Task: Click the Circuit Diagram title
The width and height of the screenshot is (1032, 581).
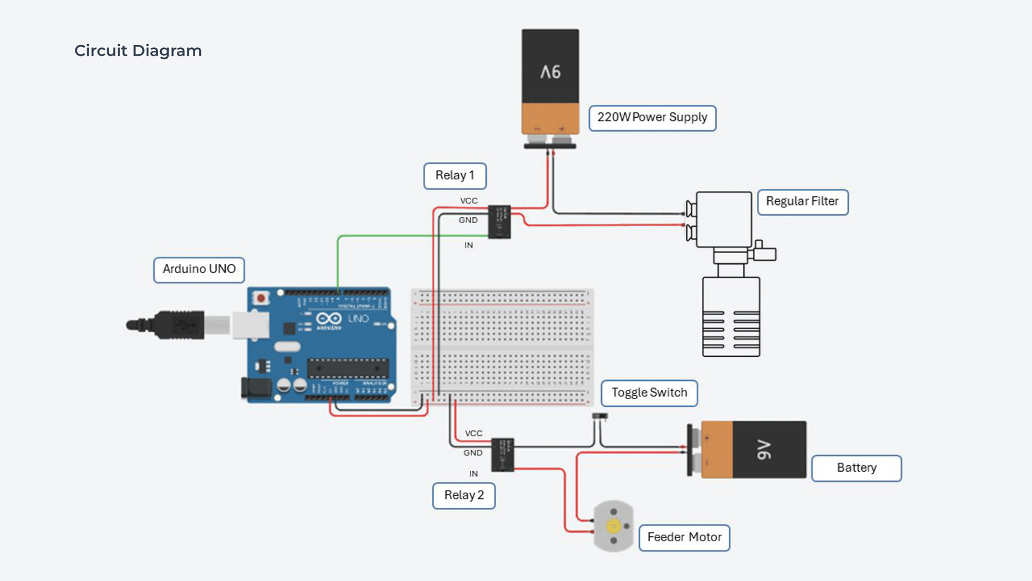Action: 138,51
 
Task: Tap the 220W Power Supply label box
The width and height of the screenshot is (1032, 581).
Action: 652,118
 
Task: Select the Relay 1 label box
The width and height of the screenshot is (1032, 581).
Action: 455,176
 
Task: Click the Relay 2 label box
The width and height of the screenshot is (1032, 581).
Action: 464,495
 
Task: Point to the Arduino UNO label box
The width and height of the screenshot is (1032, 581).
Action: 199,270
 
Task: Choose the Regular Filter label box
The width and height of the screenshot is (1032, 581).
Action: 802,202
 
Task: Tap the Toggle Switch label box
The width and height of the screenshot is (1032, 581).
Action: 649,393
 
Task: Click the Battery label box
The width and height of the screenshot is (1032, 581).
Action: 856,468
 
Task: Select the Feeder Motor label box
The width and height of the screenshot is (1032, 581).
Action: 684,537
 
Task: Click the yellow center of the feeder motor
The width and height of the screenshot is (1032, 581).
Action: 613,526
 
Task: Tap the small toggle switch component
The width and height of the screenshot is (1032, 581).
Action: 600,416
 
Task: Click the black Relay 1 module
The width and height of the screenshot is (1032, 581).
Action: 499,222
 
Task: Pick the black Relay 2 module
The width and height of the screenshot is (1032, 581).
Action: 503,455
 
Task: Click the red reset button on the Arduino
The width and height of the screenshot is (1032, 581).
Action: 261,298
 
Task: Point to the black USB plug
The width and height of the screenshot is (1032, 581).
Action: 177,325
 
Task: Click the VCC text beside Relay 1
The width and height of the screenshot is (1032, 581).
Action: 469,201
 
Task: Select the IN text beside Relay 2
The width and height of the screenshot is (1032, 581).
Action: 473,474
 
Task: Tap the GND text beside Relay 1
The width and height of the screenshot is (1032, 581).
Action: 468,220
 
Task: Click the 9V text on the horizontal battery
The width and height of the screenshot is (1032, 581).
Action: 764,450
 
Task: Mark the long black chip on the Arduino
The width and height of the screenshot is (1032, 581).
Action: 347,369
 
